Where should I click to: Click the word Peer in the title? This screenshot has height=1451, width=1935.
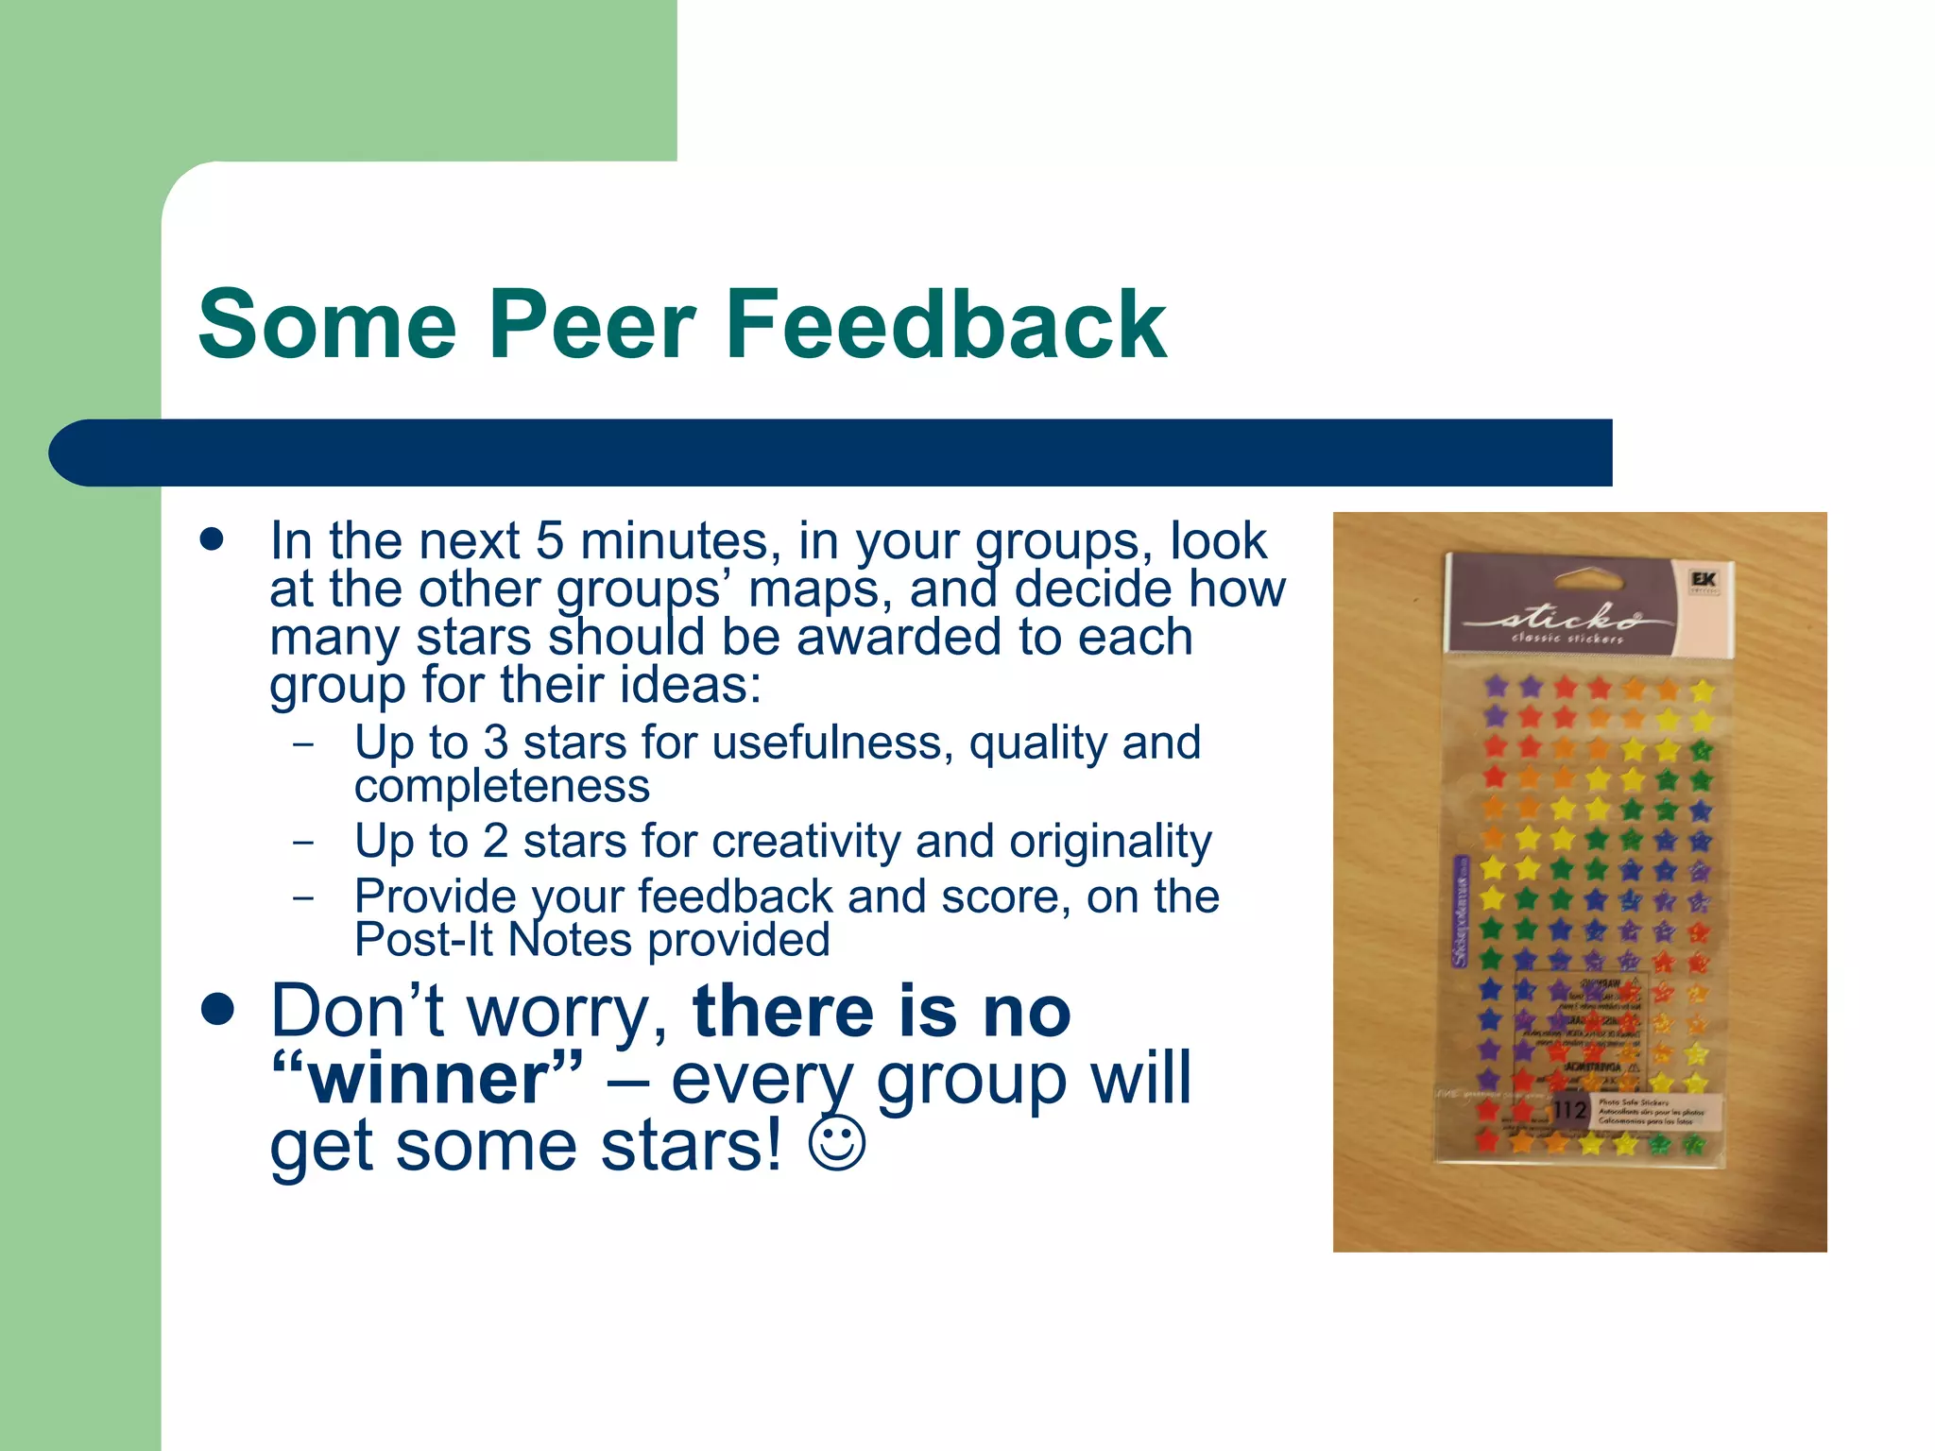click(591, 325)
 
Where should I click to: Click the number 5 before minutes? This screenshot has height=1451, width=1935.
click(550, 542)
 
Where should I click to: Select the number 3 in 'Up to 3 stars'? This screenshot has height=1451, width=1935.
click(496, 743)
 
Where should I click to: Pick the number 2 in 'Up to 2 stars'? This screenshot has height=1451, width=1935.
click(496, 842)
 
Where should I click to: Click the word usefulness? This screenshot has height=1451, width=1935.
click(828, 743)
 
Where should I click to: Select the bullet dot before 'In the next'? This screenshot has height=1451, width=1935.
click(212, 539)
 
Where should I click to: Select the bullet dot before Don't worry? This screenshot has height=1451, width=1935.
click(217, 1010)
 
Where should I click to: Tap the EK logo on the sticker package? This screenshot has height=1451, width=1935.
click(1704, 579)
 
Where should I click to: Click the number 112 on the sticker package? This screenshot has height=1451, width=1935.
click(1569, 1110)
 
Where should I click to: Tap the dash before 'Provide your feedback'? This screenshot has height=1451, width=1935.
click(303, 896)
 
